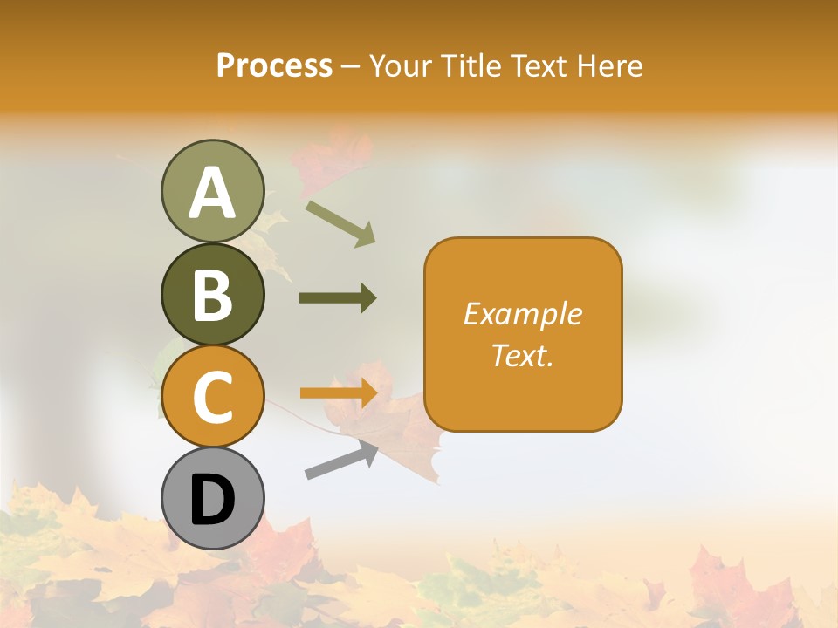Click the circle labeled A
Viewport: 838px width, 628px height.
point(212,191)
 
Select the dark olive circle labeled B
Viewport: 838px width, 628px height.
point(212,294)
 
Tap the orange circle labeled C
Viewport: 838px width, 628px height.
point(212,397)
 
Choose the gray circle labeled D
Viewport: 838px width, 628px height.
point(212,499)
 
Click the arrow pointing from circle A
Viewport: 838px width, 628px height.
point(340,223)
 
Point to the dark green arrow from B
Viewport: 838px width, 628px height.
point(338,298)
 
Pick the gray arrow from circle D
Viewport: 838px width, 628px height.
point(341,460)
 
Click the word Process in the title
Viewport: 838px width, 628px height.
point(274,66)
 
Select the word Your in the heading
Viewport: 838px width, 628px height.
point(400,66)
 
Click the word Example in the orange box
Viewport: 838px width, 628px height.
point(522,314)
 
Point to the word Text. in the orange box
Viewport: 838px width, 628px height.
point(522,355)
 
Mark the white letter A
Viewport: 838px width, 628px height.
point(212,193)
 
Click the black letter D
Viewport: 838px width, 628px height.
point(212,501)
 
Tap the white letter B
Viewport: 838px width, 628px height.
point(212,295)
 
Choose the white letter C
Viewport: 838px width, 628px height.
point(212,398)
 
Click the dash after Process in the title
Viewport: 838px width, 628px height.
point(351,67)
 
